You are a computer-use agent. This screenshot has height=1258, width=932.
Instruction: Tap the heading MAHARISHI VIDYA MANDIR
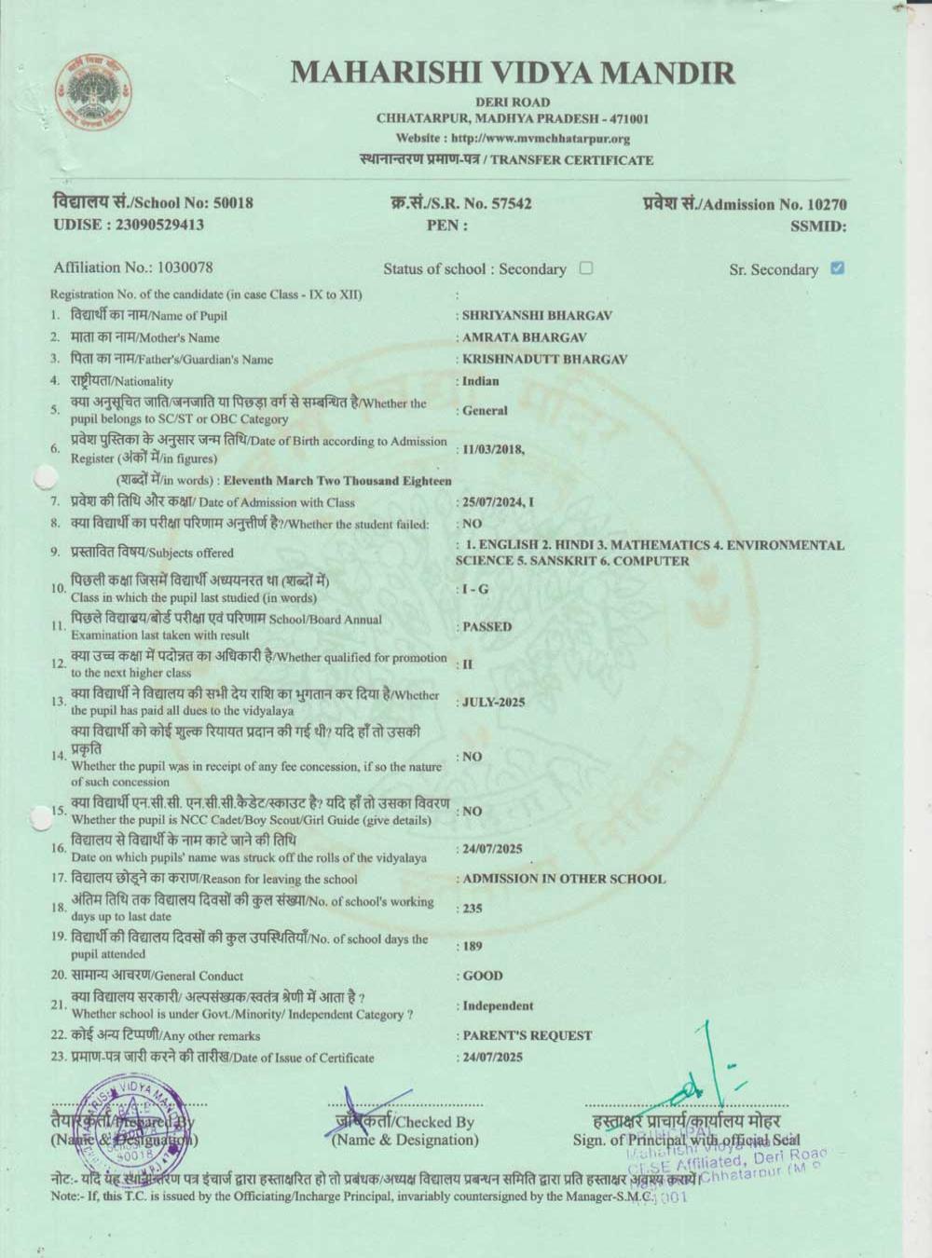click(512, 72)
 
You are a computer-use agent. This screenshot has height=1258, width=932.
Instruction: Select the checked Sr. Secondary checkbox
click(837, 268)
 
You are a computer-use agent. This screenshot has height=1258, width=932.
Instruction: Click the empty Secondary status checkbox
click(585, 268)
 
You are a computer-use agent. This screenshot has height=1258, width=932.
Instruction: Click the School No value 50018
click(233, 203)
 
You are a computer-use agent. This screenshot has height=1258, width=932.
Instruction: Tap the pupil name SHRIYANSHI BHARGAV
click(537, 316)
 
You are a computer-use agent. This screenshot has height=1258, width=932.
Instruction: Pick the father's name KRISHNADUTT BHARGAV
click(544, 359)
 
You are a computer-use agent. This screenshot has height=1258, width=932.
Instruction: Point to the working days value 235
click(473, 909)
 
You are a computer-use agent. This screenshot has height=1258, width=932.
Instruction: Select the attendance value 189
click(473, 946)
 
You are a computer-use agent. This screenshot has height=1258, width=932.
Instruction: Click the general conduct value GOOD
click(483, 976)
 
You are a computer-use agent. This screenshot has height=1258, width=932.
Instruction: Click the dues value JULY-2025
click(494, 702)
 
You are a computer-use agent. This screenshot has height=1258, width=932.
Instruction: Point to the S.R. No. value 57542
click(511, 203)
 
